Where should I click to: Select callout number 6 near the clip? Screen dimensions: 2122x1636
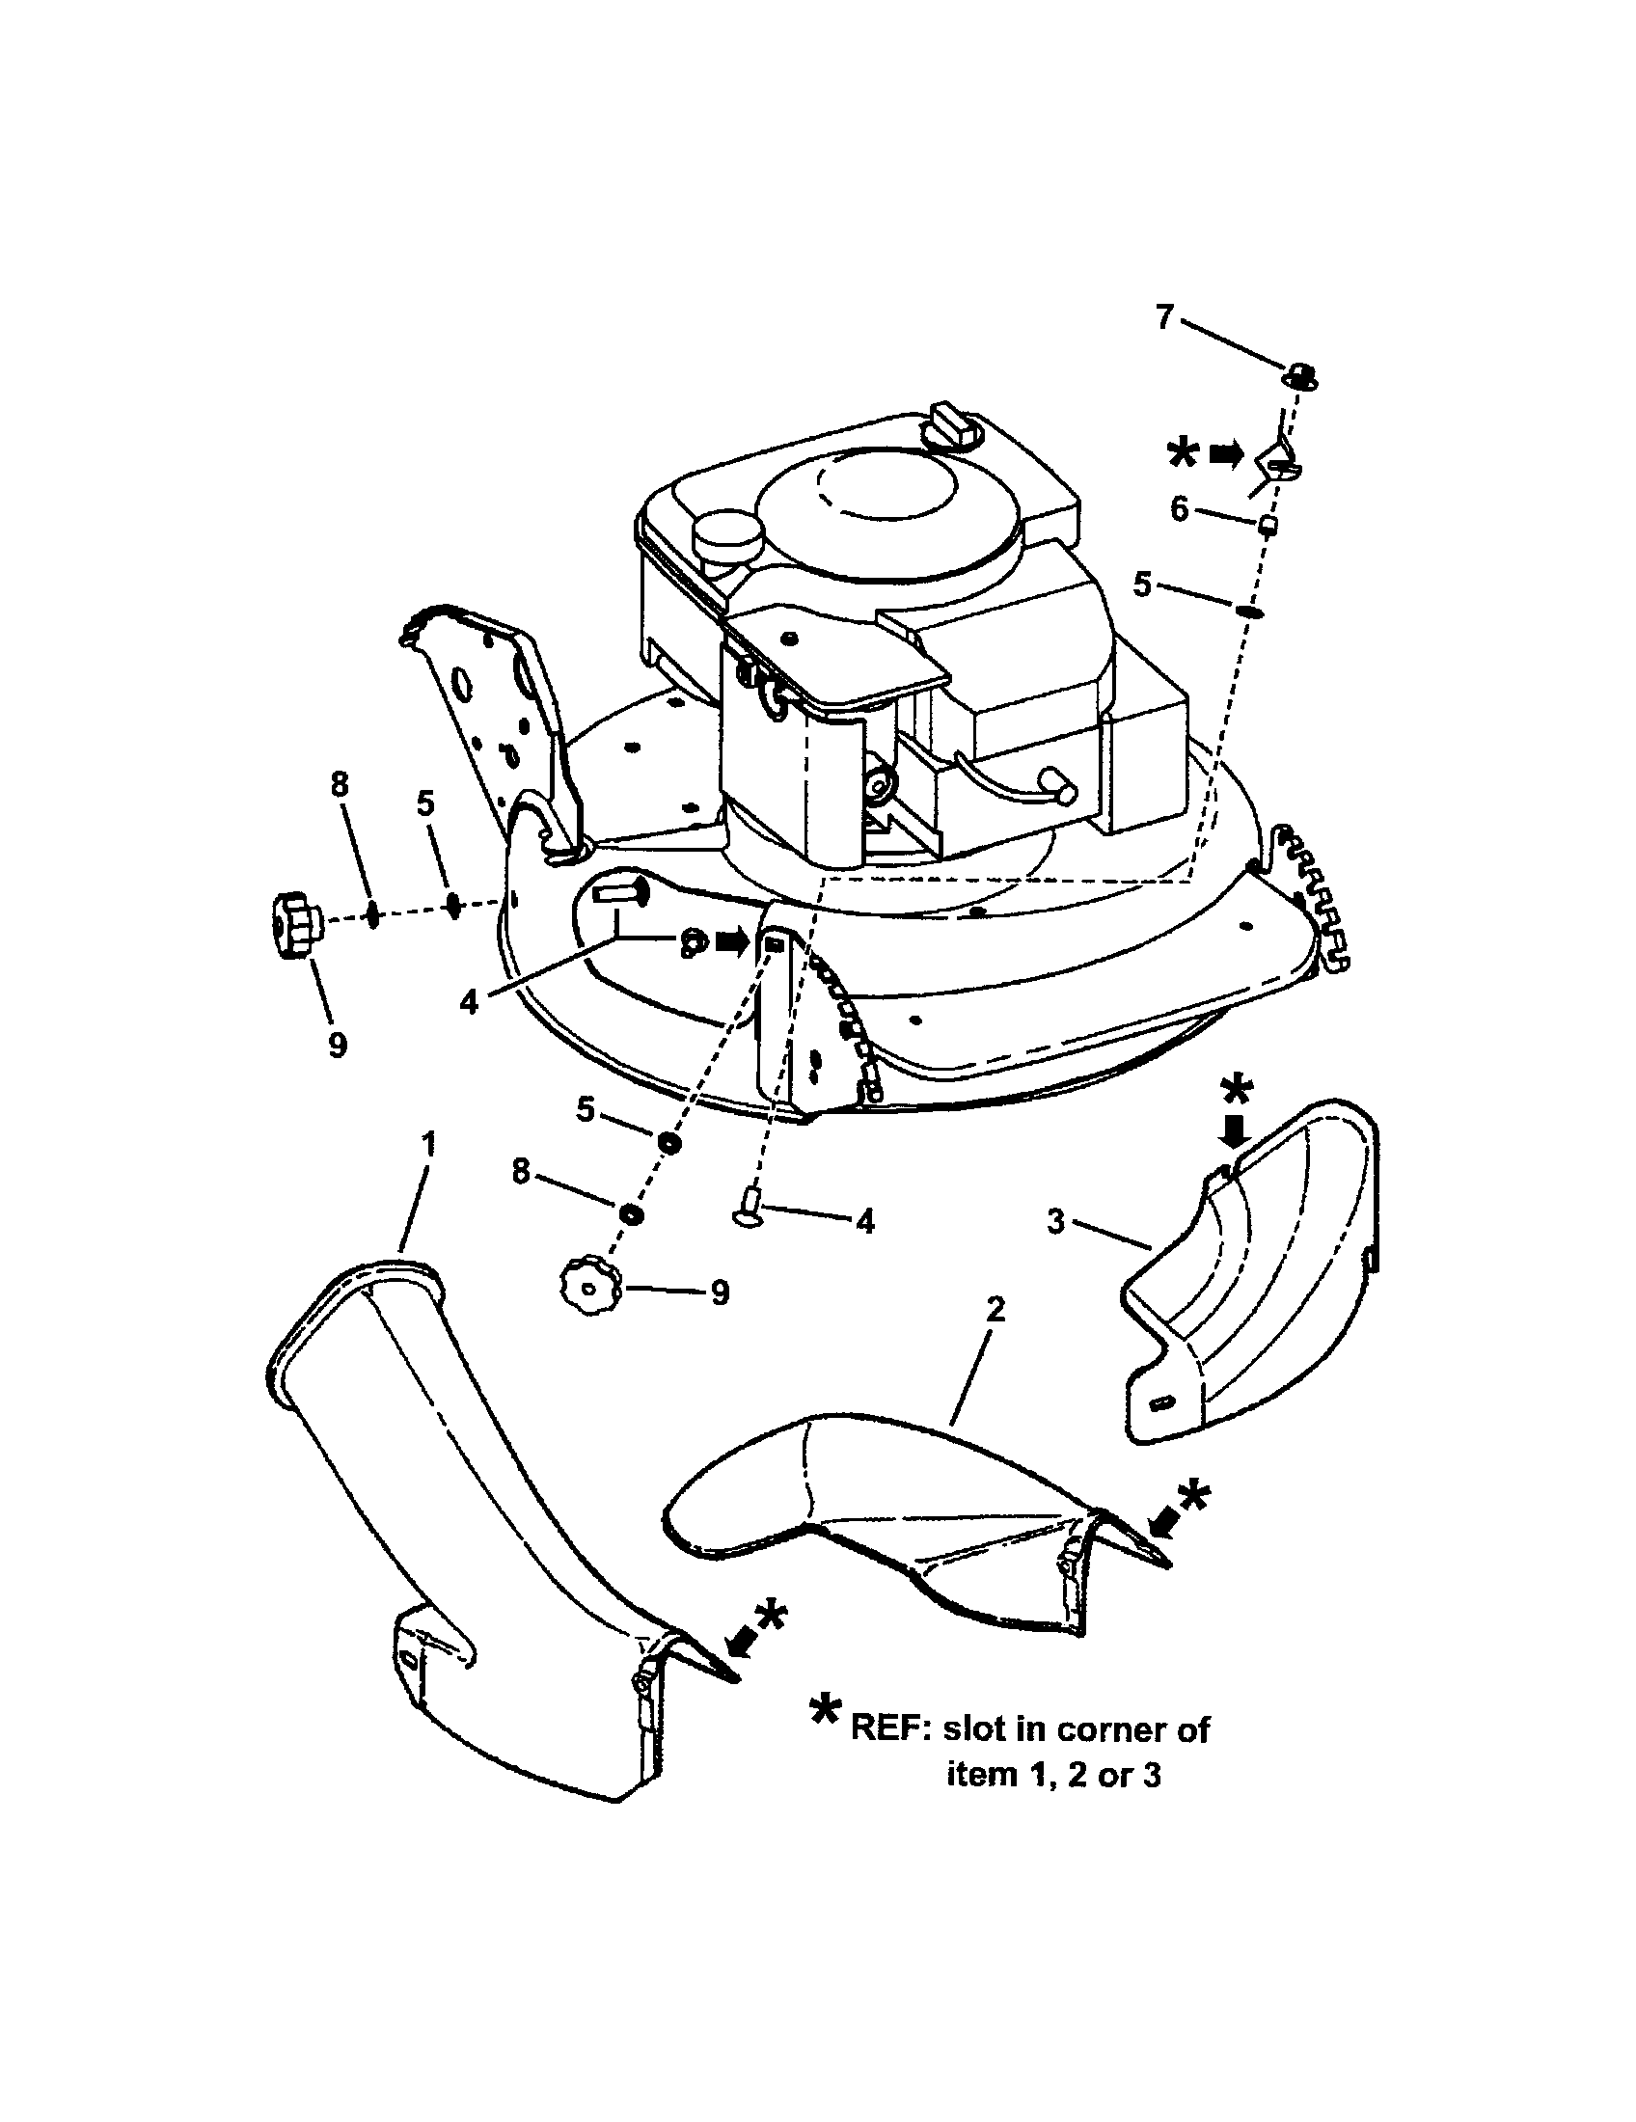pyautogui.click(x=1179, y=508)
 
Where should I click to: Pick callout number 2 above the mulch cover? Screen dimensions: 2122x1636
pyautogui.click(x=994, y=1311)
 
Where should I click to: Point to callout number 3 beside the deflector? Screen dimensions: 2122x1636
pyautogui.click(x=1057, y=1221)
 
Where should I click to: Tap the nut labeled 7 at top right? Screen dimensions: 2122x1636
pyautogui.click(x=1302, y=375)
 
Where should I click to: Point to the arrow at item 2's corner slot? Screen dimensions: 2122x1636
pyautogui.click(x=1163, y=1526)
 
